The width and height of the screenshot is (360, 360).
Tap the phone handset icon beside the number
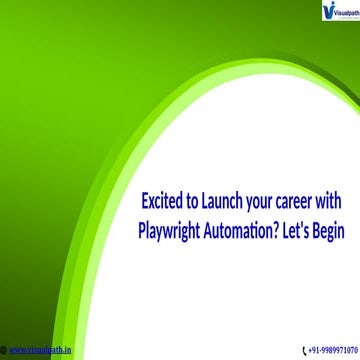tap(304, 350)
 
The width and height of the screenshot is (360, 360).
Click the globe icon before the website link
tap(3, 350)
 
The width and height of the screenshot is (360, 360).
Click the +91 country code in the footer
tap(314, 350)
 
